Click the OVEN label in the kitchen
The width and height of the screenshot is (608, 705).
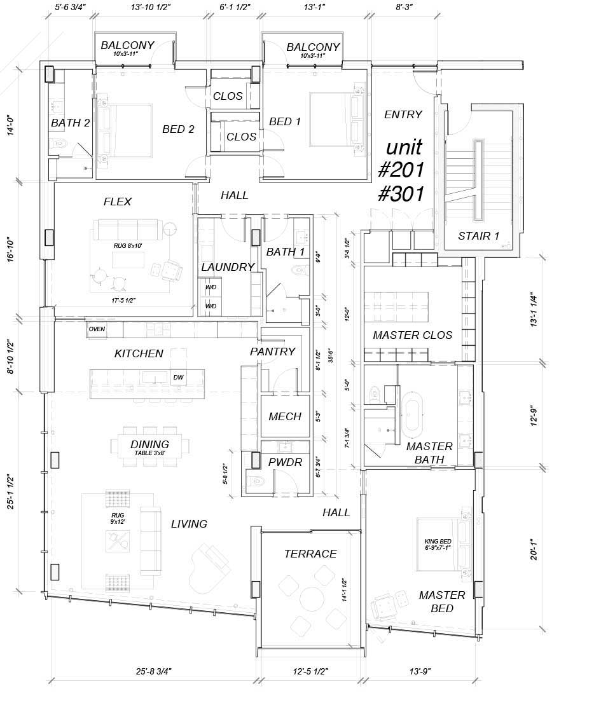[x=97, y=329]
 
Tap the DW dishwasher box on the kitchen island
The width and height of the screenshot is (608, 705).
[x=178, y=377]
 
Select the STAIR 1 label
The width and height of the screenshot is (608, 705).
[x=478, y=236]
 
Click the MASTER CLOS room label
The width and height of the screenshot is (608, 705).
[x=412, y=335]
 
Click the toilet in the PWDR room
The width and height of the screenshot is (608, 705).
[x=258, y=481]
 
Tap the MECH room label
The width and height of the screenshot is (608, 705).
[x=285, y=417]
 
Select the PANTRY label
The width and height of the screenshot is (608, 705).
[x=272, y=352]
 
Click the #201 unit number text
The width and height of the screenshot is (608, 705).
[x=402, y=170]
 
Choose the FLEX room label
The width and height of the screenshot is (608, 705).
[x=118, y=202]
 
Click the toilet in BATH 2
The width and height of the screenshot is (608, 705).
[x=59, y=144]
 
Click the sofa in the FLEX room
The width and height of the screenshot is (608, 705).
[x=127, y=228]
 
